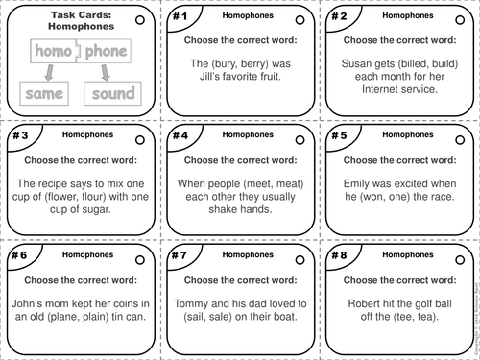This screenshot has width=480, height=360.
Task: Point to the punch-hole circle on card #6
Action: pyautogui.click(x=140, y=257)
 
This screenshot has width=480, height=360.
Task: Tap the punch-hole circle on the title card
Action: pyautogui.click(x=140, y=18)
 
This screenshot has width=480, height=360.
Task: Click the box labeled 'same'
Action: pyautogui.click(x=43, y=93)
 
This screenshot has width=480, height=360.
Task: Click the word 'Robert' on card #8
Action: pyautogui.click(x=356, y=300)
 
